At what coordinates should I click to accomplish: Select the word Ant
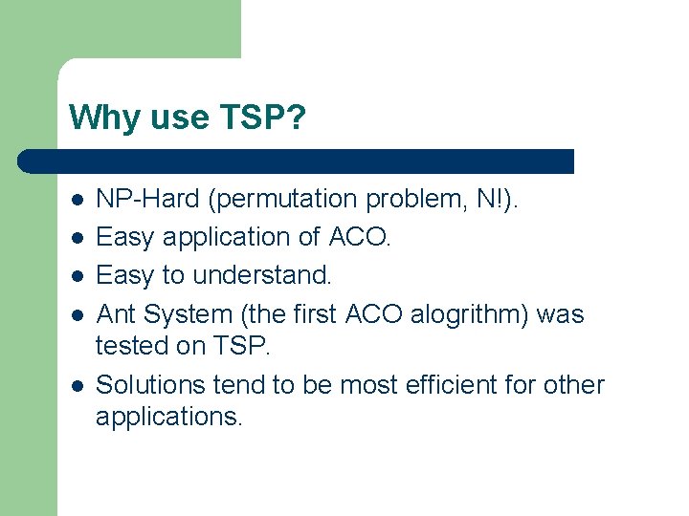tap(116, 313)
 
